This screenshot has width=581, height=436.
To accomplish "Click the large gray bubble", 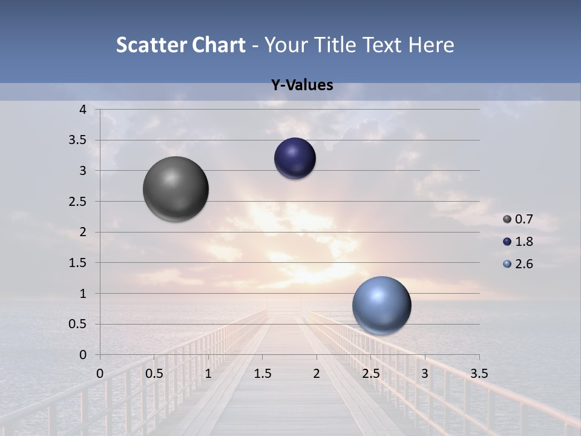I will [x=176, y=189].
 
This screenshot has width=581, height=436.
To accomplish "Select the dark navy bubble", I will [x=295, y=158].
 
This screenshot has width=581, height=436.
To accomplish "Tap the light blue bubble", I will [x=381, y=305].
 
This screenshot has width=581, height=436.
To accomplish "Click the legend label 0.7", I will [x=524, y=219].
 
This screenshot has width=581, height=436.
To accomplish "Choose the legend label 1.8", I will [x=524, y=242].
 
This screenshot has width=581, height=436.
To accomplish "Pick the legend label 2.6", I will [x=524, y=264].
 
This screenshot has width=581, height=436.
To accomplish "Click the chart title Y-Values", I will [x=302, y=85].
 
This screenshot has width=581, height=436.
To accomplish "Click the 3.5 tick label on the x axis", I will [x=479, y=374].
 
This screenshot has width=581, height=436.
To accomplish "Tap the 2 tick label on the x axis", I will [x=317, y=374].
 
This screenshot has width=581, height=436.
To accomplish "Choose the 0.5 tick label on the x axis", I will [x=154, y=374].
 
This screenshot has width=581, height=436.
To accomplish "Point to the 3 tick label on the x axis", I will [x=425, y=374].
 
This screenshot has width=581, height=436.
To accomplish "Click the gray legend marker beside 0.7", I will [x=507, y=219].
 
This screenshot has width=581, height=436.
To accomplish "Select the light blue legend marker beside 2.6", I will [x=507, y=264].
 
